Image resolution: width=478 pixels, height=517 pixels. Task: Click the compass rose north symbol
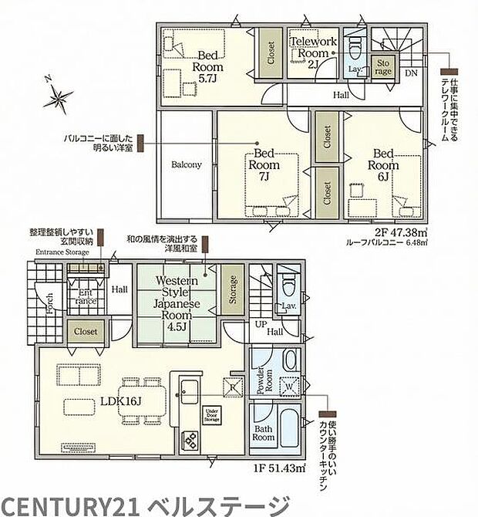[x=56, y=97]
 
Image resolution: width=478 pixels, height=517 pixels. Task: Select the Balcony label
[x=186, y=164]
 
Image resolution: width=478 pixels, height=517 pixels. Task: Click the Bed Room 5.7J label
[x=207, y=66]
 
